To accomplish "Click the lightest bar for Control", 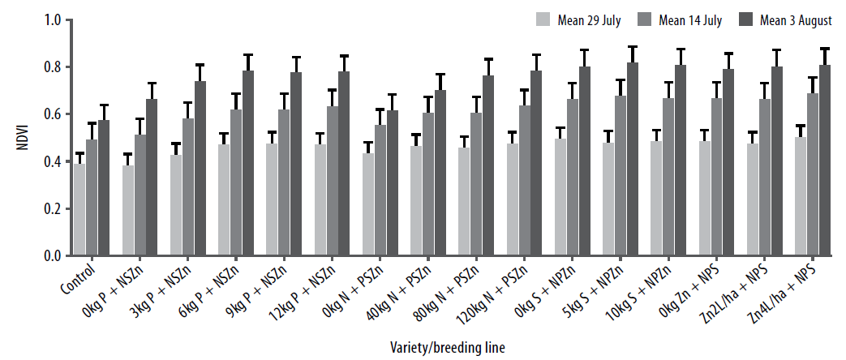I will tap(79, 210).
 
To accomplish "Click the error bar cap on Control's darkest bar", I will tap(104, 105).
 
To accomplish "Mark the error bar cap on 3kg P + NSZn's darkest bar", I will tap(200, 65).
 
